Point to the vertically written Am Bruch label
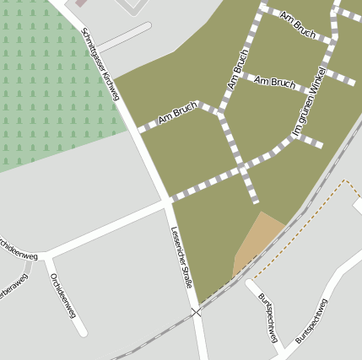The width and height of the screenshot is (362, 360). click(x=238, y=69)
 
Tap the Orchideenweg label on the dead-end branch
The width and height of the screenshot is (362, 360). click(x=63, y=294)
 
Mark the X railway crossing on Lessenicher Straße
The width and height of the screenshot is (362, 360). click(x=196, y=312)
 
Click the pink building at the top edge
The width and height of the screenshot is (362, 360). click(x=80, y=3)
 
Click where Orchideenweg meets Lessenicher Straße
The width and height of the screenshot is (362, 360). click(x=166, y=203)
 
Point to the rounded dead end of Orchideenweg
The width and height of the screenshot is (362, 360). click(x=83, y=331)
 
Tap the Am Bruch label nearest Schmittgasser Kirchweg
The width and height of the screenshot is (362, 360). click(x=177, y=112)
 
